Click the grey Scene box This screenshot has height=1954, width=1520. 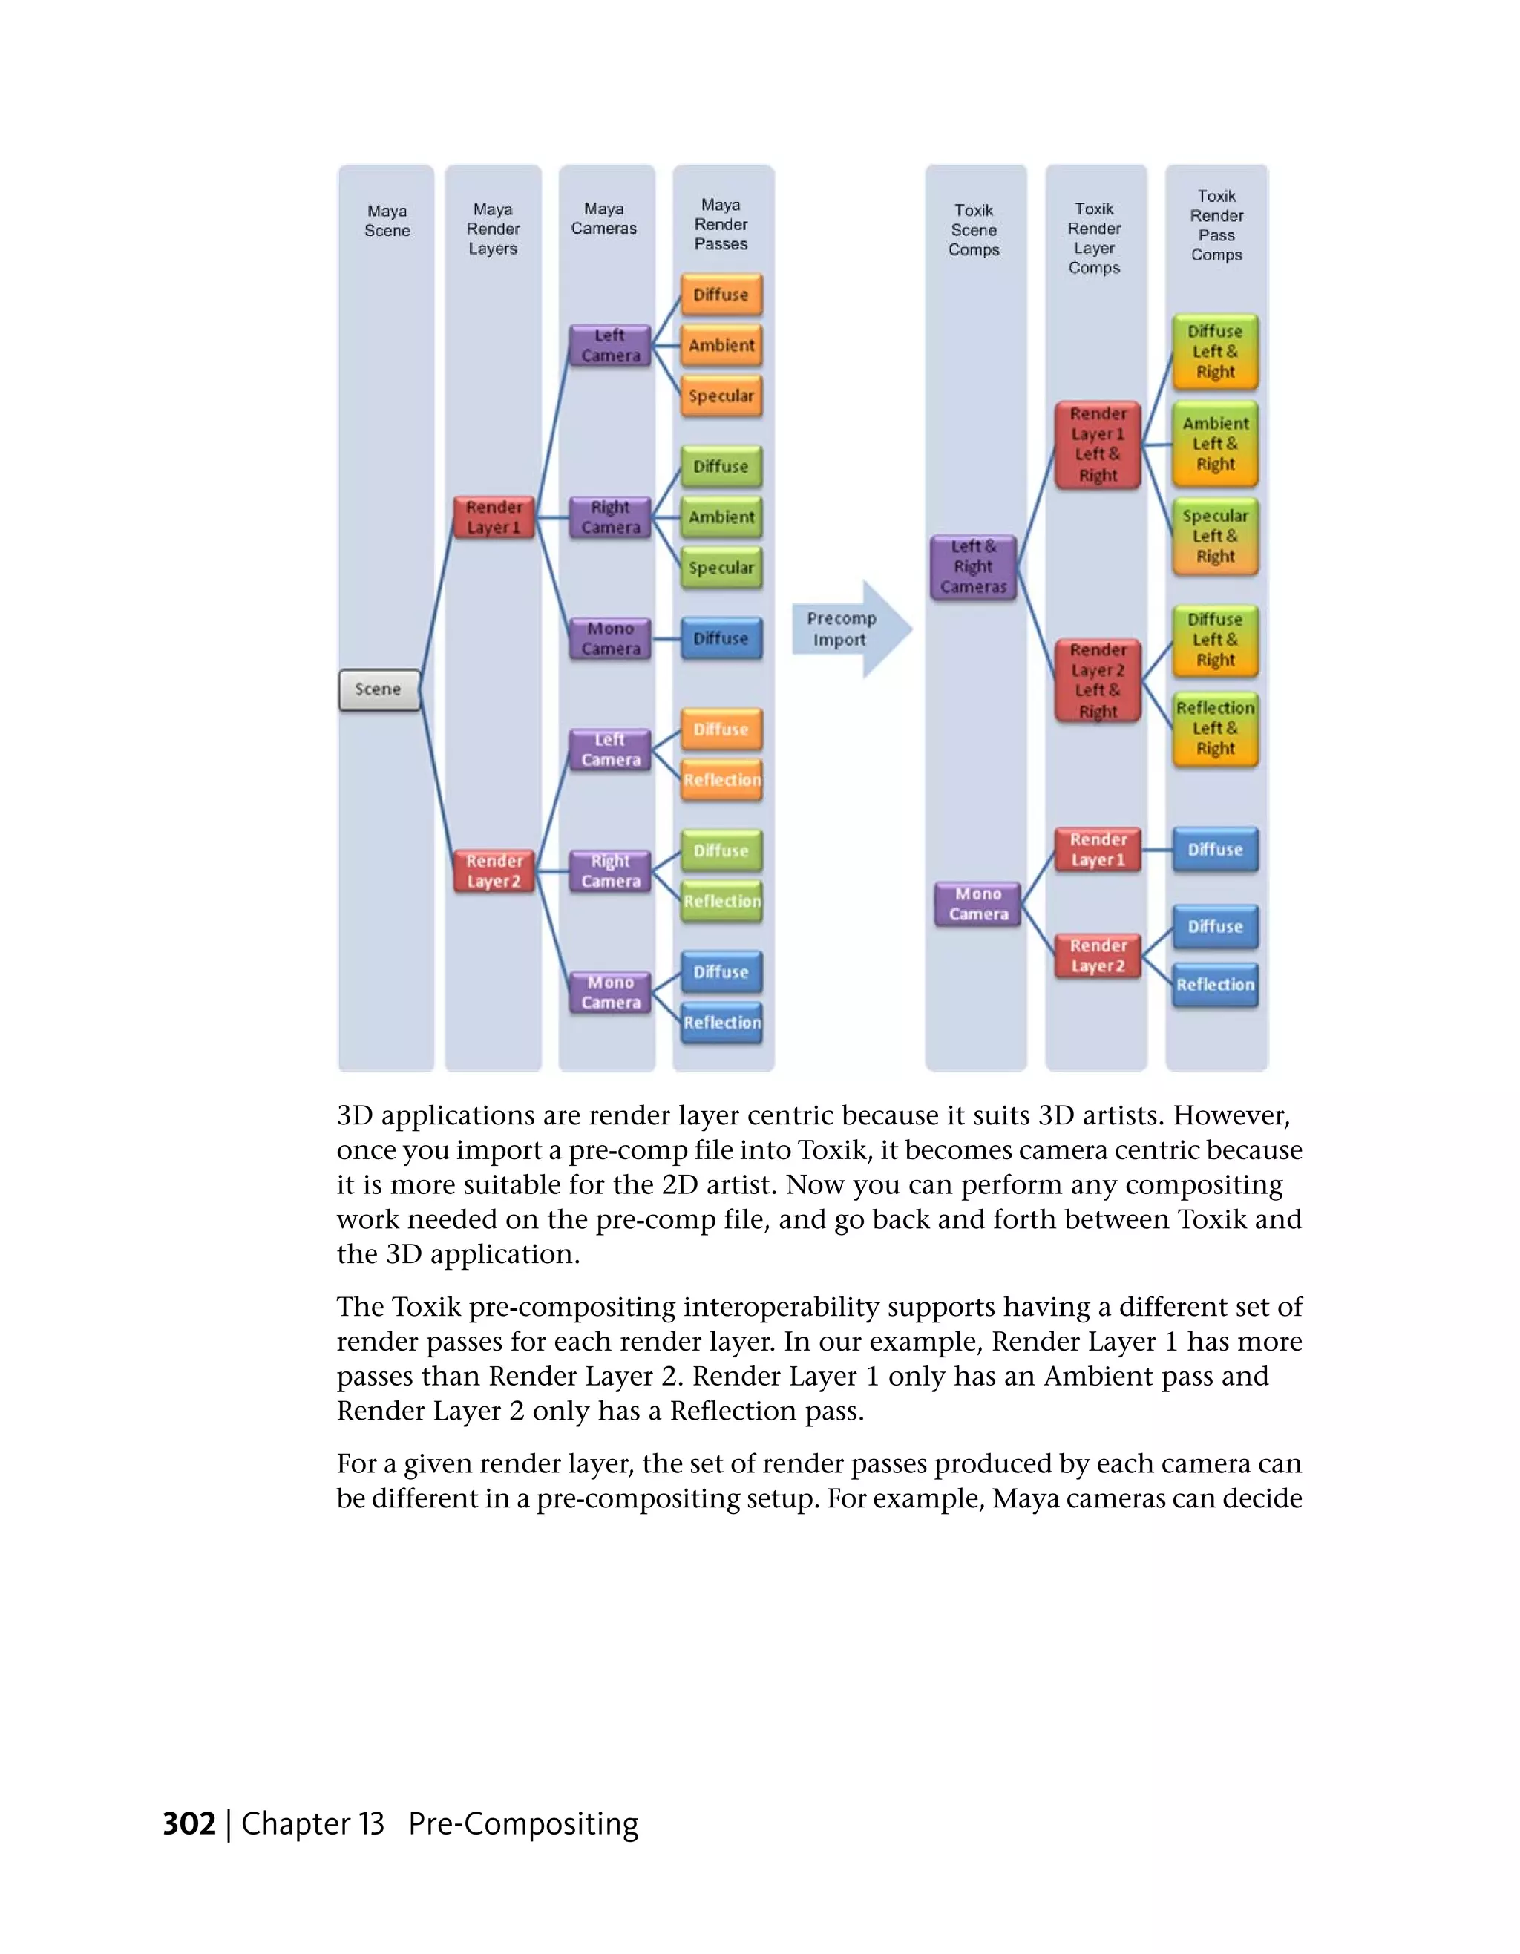coord(379,690)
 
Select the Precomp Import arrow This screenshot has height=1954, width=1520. coord(849,629)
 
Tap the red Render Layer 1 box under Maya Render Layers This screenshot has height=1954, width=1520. coord(493,517)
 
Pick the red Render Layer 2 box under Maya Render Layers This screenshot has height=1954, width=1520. coord(493,871)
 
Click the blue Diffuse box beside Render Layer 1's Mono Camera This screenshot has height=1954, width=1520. coord(721,639)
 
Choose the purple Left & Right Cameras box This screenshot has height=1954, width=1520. coord(973,566)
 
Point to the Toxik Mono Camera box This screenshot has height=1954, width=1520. coord(978,904)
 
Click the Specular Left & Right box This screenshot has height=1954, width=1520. coord(1215,536)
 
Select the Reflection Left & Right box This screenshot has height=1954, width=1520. coord(1215,728)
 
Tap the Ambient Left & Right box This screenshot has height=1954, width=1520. coord(1215,444)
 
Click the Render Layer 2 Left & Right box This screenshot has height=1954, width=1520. coord(1098,681)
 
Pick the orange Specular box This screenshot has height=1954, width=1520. coord(721,396)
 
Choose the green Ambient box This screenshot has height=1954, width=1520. coord(721,517)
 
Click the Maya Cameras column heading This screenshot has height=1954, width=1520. coord(605,219)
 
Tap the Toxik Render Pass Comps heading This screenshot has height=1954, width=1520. coord(1216,226)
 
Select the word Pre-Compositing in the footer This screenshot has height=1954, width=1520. coord(523,1823)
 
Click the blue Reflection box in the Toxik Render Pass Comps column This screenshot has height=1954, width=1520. coord(1215,984)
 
